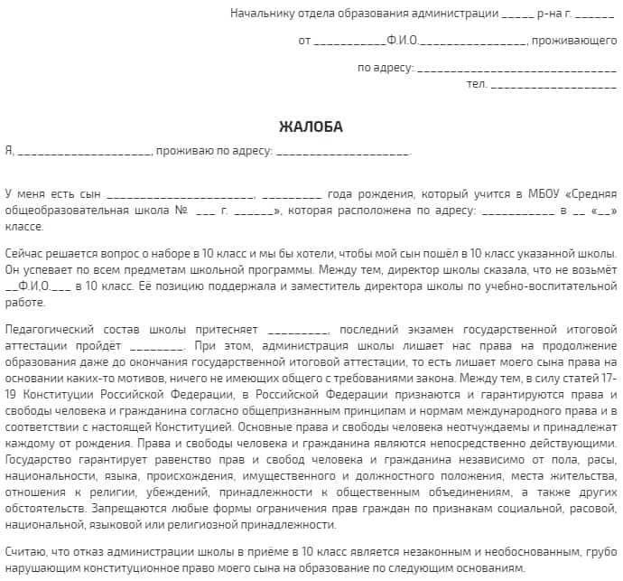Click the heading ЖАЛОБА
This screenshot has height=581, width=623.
(311, 127)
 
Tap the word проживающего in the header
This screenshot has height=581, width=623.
(574, 41)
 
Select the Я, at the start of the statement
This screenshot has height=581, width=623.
(9, 151)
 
